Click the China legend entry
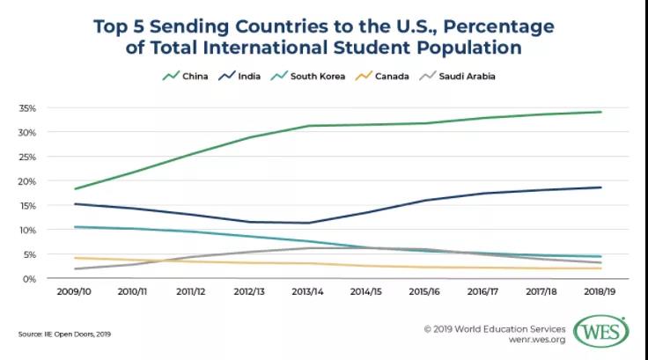pos(181,77)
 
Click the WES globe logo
pos(601,332)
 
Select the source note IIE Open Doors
pos(64,334)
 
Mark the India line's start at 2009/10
pos(76,204)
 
